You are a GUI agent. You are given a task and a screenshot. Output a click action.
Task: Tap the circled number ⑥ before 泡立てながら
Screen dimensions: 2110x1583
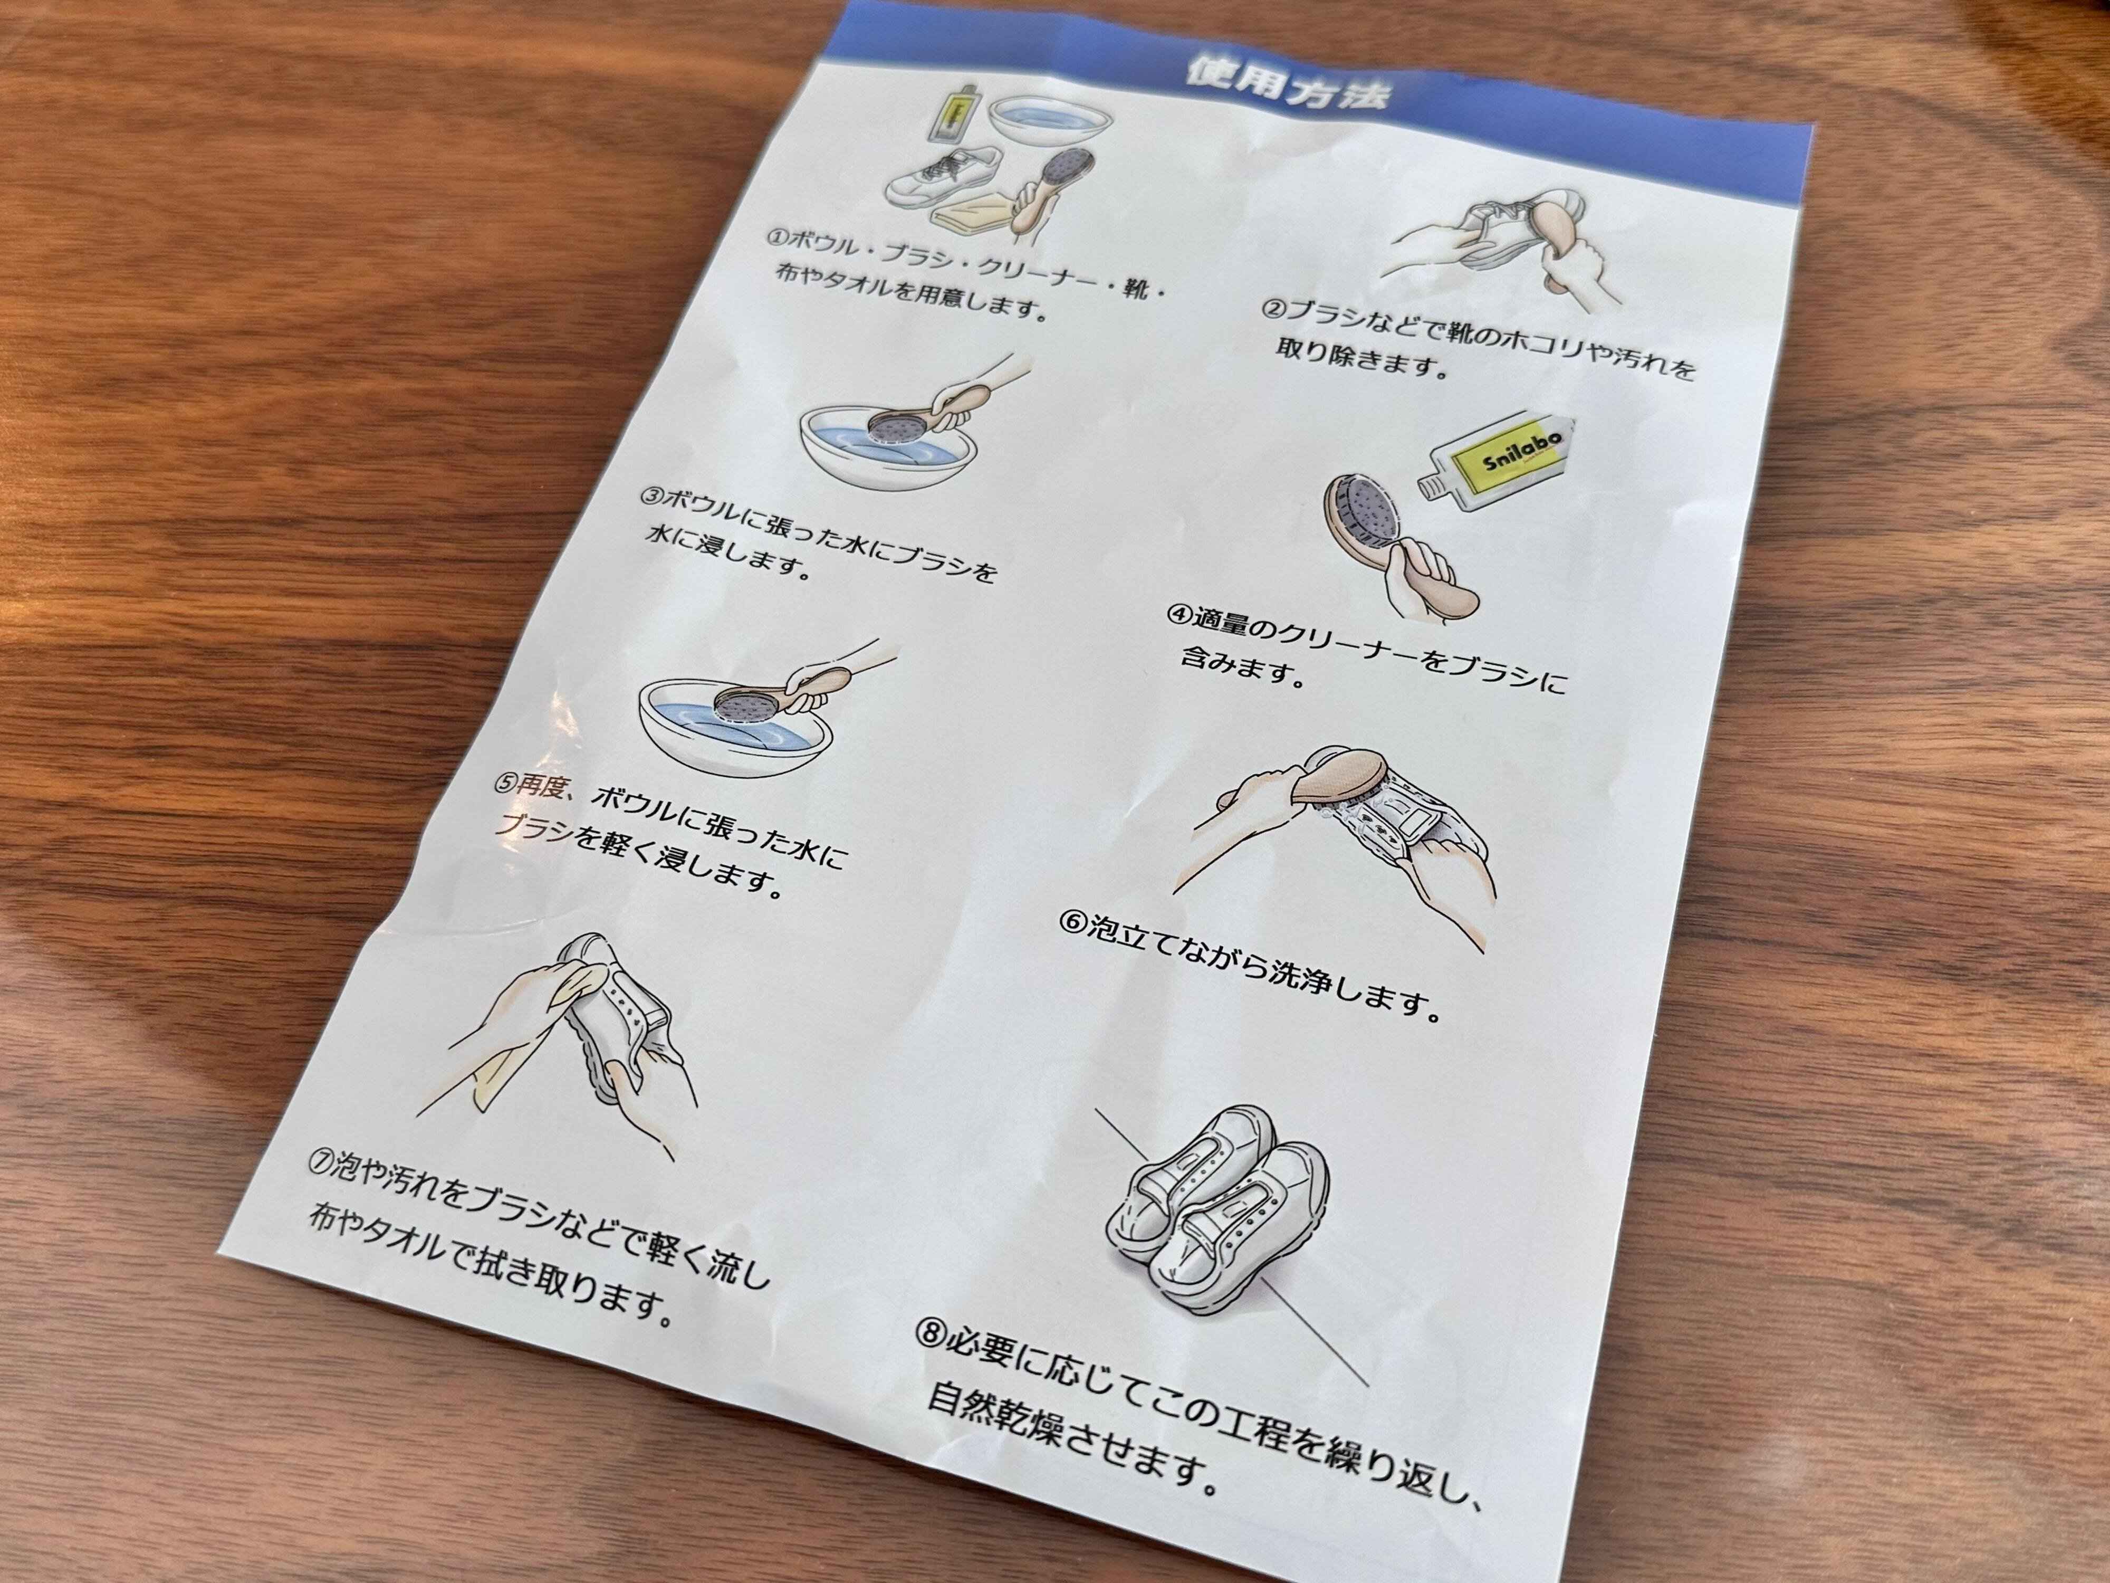(x=1073, y=923)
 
